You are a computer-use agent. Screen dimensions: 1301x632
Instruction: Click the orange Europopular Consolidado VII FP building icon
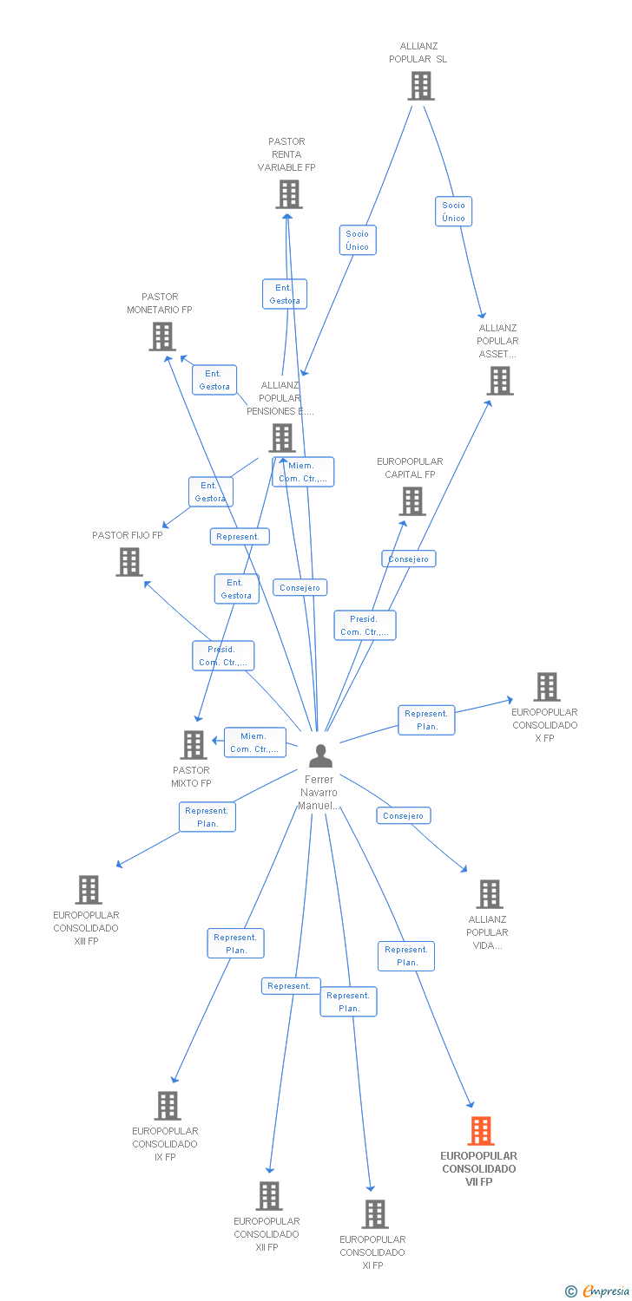click(481, 1131)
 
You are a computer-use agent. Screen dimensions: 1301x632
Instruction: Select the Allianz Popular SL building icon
click(421, 86)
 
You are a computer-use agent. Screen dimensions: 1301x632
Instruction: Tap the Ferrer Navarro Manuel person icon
click(320, 756)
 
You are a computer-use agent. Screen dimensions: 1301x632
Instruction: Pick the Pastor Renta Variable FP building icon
click(289, 194)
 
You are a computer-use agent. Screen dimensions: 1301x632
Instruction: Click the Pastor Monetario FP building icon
click(162, 337)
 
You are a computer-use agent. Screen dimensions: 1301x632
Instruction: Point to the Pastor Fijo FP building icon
click(129, 562)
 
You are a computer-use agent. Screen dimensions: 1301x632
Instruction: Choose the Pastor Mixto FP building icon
click(193, 745)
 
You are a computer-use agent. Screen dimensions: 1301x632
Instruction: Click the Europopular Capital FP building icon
click(412, 501)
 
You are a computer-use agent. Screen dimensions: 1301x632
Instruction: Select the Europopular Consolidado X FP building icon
click(546, 687)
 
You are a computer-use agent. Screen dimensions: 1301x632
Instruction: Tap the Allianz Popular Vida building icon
click(490, 894)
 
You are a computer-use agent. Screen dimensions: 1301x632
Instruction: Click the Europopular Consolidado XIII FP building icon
click(89, 890)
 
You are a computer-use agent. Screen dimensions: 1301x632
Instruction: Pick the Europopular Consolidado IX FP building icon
click(168, 1106)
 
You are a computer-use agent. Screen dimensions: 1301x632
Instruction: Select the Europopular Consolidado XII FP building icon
click(269, 1196)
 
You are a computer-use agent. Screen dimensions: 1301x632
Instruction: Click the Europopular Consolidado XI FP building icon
click(375, 1214)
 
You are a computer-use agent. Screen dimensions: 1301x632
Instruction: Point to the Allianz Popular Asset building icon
click(499, 381)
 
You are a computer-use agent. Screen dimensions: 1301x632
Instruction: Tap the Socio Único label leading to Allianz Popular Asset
click(453, 212)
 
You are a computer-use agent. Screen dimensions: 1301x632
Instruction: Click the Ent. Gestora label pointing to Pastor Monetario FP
click(214, 380)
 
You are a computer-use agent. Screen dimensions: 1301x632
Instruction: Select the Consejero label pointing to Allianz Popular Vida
click(403, 815)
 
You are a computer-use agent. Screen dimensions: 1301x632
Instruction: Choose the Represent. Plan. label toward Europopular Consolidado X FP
click(426, 720)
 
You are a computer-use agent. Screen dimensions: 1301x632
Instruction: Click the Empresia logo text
click(605, 1291)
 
